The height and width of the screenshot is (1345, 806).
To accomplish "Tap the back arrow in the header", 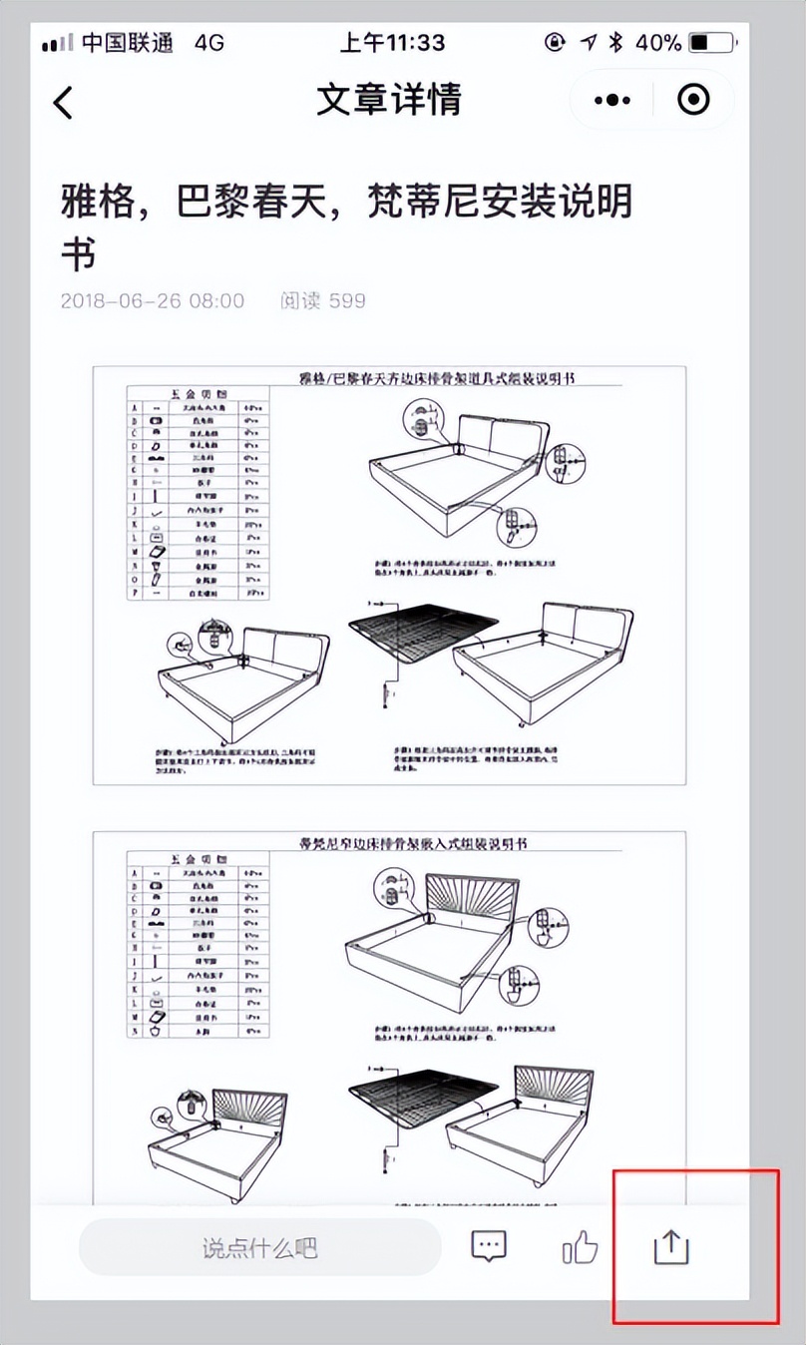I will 63,102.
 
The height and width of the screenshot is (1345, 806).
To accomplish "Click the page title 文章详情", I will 389,100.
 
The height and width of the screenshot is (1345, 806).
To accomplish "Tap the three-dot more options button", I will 611,100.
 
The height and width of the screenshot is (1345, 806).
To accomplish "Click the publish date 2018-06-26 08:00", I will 152,300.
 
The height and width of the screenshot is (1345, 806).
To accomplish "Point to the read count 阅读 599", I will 322,300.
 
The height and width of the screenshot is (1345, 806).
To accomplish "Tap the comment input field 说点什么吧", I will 259,1247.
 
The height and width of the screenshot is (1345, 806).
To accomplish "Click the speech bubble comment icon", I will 488,1246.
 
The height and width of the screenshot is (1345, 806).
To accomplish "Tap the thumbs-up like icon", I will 580,1246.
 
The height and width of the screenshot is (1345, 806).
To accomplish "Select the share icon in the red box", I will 671,1247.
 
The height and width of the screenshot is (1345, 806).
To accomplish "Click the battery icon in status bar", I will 712,43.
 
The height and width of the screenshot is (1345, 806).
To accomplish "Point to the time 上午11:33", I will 392,43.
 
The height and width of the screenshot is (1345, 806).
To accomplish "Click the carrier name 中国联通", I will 128,43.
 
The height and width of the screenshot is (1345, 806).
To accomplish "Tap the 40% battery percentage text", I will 657,43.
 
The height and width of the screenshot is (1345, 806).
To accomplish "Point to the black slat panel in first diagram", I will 422,634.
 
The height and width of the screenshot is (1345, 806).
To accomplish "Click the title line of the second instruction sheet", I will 428,844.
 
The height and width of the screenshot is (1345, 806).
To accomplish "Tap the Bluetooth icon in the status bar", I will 616,43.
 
